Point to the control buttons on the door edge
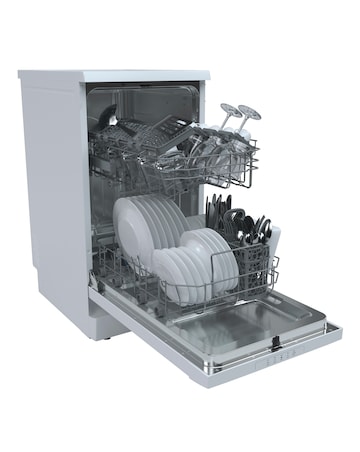[x=290, y=354]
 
